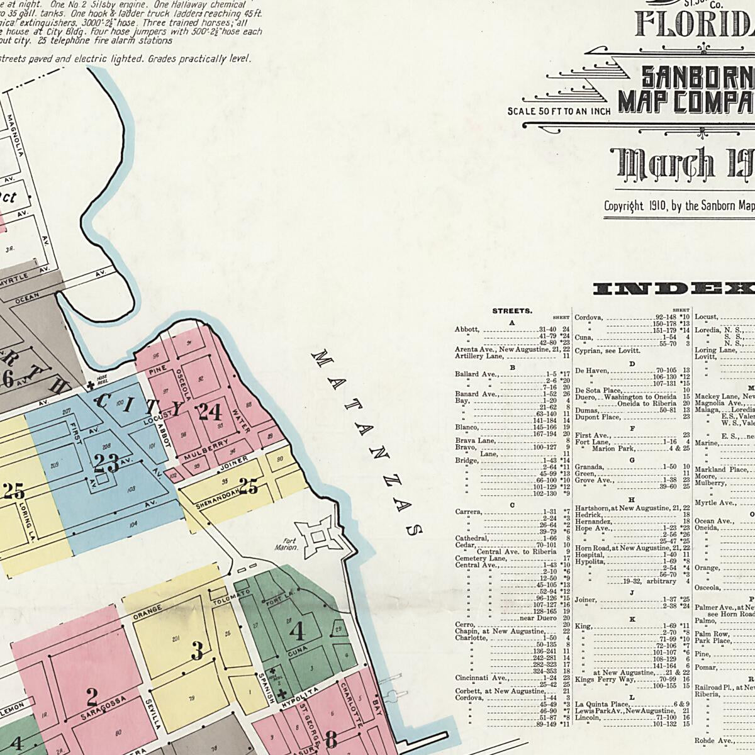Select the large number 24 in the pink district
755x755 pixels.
209,412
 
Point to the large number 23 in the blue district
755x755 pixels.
106,463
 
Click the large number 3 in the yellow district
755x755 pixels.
197,651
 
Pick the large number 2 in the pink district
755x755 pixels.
92,697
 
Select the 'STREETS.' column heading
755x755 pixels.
512,311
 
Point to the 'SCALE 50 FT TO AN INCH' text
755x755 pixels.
559,112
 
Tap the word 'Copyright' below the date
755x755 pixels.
624,206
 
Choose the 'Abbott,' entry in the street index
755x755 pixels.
467,329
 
